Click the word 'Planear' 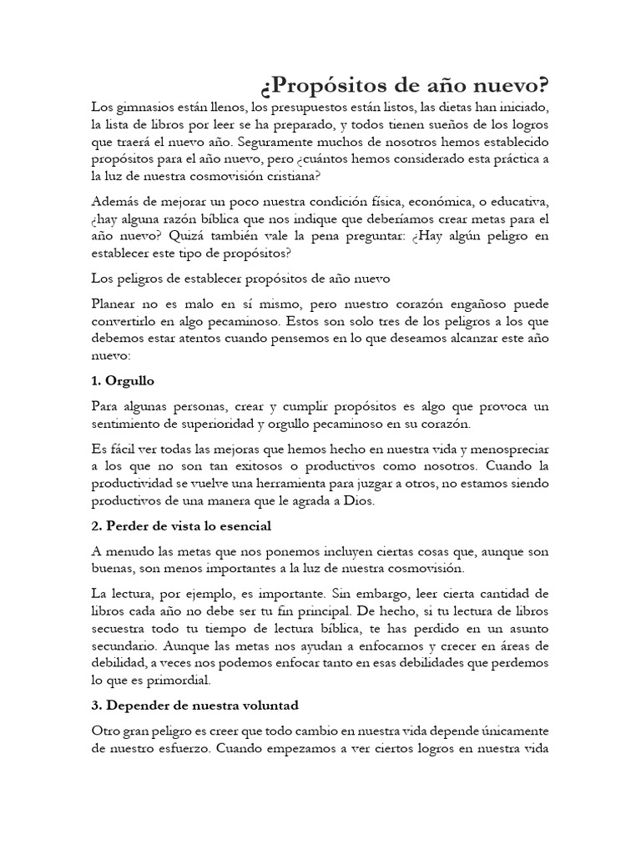point(117,304)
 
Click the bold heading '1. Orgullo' point(123,381)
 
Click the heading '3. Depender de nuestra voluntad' point(194,706)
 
